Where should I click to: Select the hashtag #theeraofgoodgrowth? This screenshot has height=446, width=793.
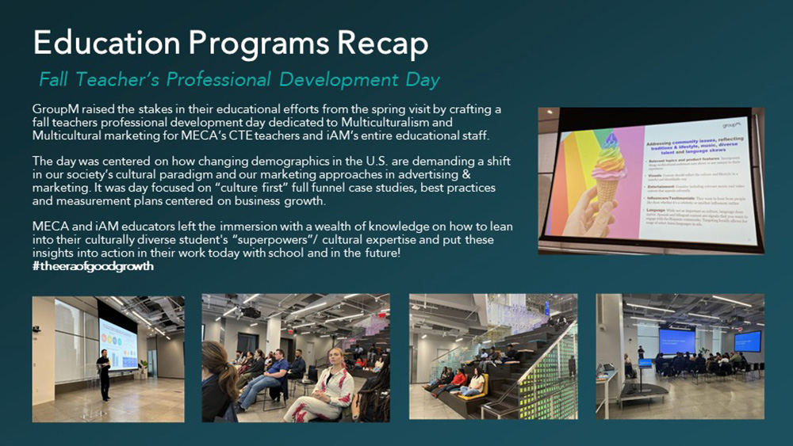pyautogui.click(x=94, y=266)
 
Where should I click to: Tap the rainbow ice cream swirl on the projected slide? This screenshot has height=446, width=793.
pyautogui.click(x=611, y=155)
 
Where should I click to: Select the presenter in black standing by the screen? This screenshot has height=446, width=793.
pyautogui.click(x=103, y=372)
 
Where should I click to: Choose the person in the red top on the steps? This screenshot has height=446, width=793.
pyautogui.click(x=458, y=379)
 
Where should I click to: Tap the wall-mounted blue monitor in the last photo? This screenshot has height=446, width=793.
pyautogui.click(x=746, y=341)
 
